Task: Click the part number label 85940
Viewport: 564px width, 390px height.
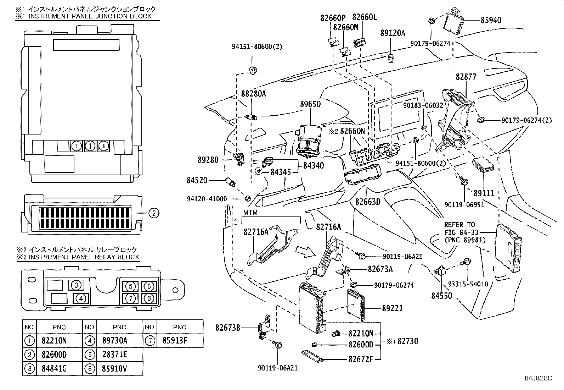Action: click(x=491, y=20)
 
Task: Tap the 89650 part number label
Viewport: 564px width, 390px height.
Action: click(x=310, y=104)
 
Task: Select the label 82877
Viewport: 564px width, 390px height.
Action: click(x=466, y=76)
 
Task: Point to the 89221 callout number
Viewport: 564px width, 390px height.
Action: click(x=392, y=308)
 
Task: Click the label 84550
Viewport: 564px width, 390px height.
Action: click(x=442, y=295)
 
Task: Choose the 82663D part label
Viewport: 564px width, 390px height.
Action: click(x=368, y=202)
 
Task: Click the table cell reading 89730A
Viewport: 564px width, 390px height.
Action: click(x=115, y=341)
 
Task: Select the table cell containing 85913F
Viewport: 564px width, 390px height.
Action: click(x=175, y=341)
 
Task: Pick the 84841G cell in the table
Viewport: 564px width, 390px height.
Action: click(x=54, y=369)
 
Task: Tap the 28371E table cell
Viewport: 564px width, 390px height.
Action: click(x=115, y=355)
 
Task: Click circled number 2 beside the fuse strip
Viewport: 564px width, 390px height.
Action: click(x=154, y=213)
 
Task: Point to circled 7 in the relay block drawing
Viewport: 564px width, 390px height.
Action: click(x=130, y=299)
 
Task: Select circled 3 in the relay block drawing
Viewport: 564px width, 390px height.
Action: click(x=76, y=285)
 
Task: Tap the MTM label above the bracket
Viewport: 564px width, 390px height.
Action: click(x=250, y=213)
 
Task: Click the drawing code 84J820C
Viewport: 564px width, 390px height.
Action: click(x=538, y=385)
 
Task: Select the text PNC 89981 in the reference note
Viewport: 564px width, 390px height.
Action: click(x=465, y=240)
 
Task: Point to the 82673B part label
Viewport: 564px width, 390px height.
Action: click(x=228, y=328)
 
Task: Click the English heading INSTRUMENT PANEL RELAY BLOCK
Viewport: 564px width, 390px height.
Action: click(x=84, y=257)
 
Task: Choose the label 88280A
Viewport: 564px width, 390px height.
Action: click(x=254, y=94)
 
